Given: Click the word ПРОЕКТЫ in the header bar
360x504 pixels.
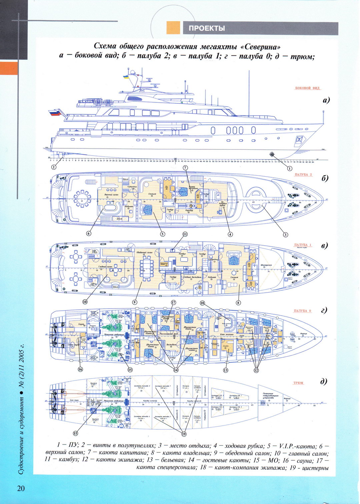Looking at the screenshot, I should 207,28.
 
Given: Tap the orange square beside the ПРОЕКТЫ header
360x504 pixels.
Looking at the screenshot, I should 173,28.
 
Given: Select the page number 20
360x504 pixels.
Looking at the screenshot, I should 21,488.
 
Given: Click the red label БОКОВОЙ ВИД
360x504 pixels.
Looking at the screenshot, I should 307,88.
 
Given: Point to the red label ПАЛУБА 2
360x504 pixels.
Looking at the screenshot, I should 303,175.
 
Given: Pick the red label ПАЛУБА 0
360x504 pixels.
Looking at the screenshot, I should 302,311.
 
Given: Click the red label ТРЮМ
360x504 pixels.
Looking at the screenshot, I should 298,383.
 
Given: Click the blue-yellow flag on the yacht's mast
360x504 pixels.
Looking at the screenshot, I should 126,77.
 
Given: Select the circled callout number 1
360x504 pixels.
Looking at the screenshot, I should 289,169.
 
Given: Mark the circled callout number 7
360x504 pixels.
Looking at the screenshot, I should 185,168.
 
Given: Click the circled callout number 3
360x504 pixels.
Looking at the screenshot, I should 285,234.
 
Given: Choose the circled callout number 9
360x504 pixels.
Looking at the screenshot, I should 135,302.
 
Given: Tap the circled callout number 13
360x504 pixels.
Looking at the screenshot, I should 226,370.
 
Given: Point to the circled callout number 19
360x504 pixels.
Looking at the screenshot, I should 184,434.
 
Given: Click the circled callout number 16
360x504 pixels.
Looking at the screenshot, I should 80,369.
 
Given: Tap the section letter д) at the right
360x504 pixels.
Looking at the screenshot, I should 323,381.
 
